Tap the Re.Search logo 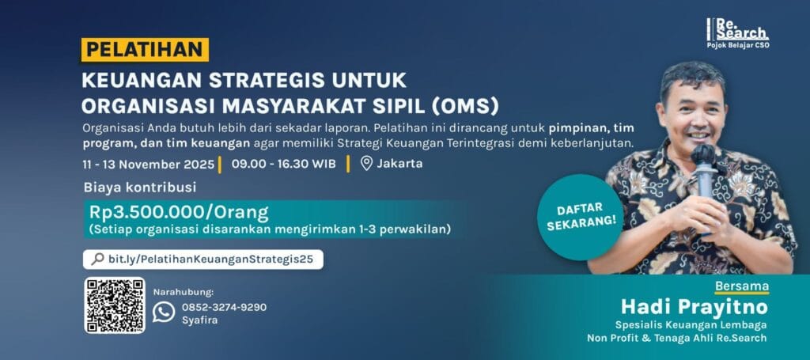(738, 32)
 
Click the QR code (115, 305)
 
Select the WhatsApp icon (164, 312)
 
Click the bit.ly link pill (203, 259)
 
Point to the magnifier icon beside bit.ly (97, 259)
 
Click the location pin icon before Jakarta (365, 164)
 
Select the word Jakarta (400, 164)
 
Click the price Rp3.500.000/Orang (180, 212)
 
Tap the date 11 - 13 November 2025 (148, 164)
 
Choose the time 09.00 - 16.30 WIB (284, 164)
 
